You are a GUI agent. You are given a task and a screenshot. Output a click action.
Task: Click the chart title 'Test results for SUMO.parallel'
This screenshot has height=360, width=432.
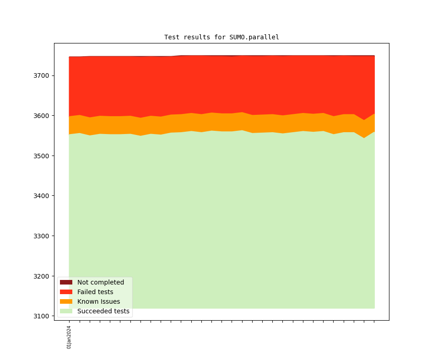click(x=221, y=38)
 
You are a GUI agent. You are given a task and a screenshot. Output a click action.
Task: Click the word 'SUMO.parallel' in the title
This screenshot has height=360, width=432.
click(x=254, y=38)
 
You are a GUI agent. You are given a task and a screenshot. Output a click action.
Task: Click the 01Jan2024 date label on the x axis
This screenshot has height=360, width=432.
click(x=69, y=337)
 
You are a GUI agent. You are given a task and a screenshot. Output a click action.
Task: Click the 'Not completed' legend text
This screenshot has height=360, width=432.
click(x=101, y=282)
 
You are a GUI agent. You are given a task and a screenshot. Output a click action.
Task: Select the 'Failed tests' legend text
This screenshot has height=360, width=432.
click(x=95, y=292)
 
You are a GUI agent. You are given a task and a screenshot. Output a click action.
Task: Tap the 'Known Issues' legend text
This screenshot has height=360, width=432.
click(x=98, y=301)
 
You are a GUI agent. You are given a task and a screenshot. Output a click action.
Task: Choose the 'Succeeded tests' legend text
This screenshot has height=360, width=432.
click(x=103, y=311)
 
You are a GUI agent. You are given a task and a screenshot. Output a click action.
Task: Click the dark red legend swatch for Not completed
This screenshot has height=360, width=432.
click(x=66, y=282)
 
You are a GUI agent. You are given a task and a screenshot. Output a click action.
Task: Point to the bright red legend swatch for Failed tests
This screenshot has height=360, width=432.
click(x=66, y=292)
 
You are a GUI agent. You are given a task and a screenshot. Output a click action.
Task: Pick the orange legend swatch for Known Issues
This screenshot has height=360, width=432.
click(x=66, y=301)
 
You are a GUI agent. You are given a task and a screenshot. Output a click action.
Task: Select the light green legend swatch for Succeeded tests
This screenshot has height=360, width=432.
click(x=66, y=311)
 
